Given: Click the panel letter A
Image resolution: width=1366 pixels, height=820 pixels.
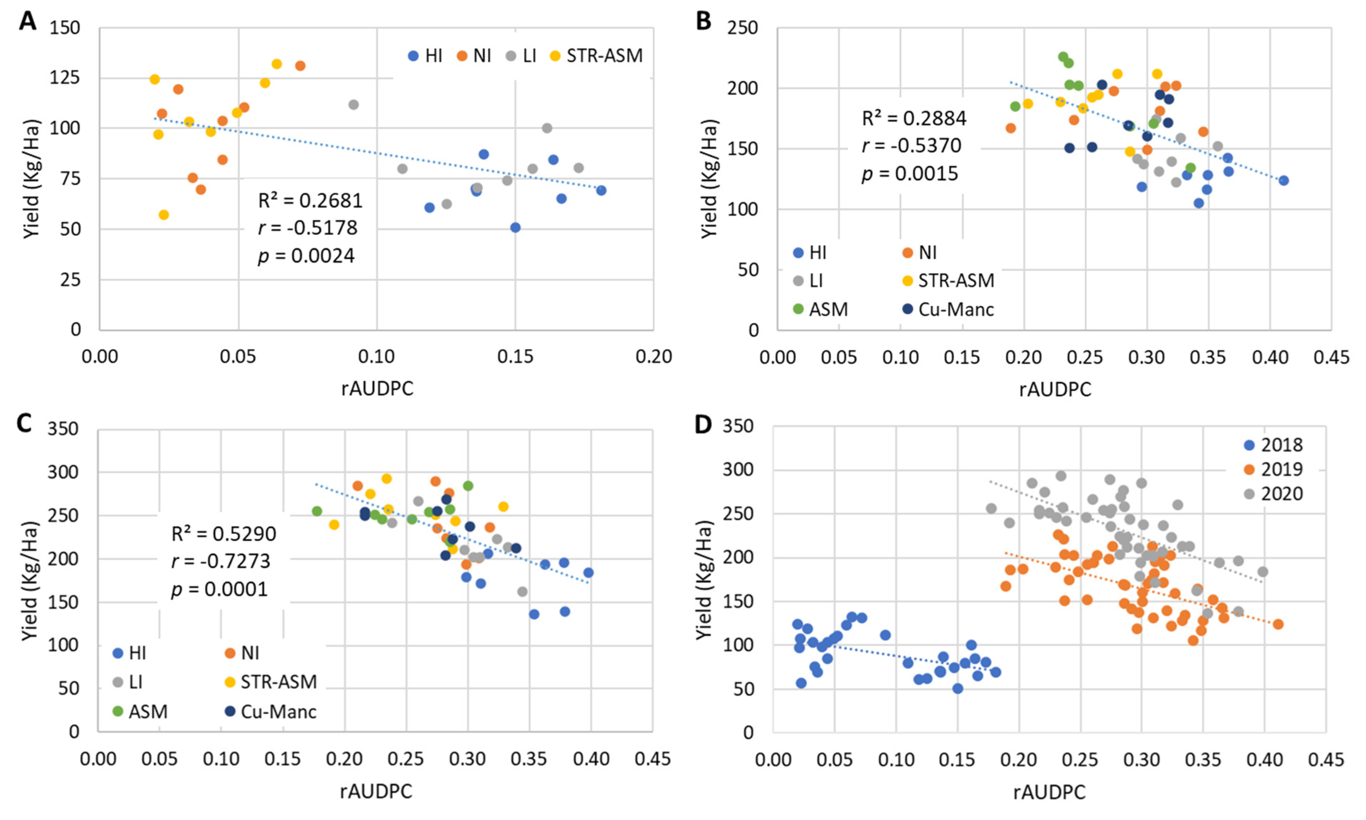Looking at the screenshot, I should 28,22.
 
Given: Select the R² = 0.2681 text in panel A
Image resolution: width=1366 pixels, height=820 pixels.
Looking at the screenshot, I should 310,201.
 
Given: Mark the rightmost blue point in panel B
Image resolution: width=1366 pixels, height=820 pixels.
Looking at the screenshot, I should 1284,181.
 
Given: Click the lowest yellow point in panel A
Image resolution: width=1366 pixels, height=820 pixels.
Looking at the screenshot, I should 164,215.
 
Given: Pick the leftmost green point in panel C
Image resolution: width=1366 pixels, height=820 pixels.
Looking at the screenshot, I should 316,511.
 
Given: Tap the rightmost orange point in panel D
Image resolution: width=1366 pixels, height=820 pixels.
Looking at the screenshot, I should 1278,624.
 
